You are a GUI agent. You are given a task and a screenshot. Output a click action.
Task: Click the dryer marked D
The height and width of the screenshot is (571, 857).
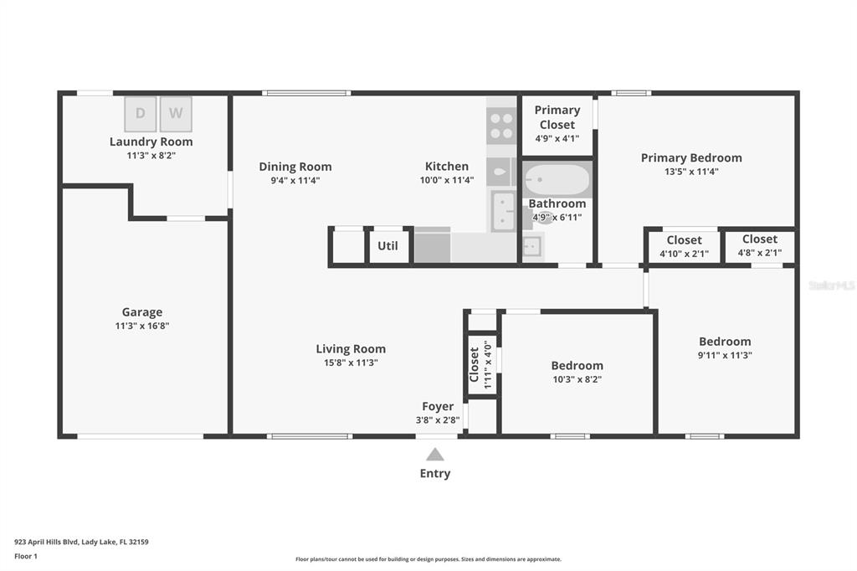click(141, 114)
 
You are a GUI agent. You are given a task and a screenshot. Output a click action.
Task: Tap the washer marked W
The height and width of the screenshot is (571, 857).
click(176, 114)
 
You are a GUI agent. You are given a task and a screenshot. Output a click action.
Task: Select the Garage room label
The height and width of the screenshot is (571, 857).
click(142, 311)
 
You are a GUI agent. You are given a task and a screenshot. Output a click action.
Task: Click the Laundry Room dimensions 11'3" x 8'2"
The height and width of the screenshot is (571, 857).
click(151, 156)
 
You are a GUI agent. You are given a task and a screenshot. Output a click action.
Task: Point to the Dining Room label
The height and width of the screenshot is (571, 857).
click(295, 167)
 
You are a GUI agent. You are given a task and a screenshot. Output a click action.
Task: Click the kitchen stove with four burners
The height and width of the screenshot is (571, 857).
click(501, 126)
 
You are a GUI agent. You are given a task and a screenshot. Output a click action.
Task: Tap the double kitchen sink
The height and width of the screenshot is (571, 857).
click(503, 211)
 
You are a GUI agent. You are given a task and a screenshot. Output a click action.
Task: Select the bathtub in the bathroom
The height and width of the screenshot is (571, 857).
click(557, 179)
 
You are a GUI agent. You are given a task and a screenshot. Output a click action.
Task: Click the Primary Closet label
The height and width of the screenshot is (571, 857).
click(557, 117)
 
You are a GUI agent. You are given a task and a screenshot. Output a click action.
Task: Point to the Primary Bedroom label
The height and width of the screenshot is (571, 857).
click(691, 157)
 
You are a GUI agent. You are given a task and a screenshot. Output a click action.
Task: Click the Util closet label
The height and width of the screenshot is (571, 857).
click(387, 245)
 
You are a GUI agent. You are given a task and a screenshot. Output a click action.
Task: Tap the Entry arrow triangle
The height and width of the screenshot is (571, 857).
click(435, 455)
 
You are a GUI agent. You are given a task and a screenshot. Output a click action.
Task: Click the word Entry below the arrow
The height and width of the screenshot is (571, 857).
click(435, 474)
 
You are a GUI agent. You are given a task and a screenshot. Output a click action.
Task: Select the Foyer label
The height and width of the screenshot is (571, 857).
click(438, 406)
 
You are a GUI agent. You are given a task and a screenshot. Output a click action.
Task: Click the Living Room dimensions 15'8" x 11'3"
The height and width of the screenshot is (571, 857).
click(351, 363)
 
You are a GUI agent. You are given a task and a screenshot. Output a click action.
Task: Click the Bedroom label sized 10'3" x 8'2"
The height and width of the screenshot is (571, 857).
click(577, 365)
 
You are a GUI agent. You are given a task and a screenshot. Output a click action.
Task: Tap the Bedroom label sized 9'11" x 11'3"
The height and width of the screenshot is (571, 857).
click(725, 342)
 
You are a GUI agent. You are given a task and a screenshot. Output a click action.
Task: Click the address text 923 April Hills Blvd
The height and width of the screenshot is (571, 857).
click(47, 542)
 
